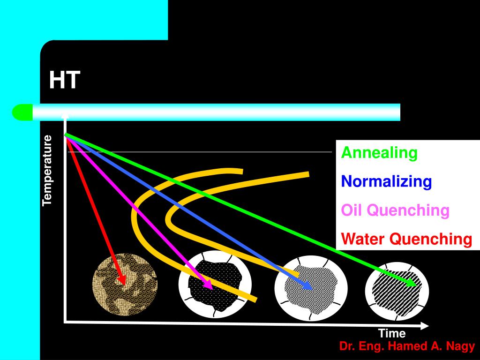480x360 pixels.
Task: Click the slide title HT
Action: click(x=65, y=80)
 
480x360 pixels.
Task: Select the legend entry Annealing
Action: click(x=379, y=152)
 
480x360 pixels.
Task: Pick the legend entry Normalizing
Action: click(x=386, y=181)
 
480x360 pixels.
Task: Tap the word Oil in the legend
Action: click(x=352, y=210)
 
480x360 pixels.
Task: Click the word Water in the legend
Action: click(x=363, y=239)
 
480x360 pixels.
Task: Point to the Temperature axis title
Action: click(x=47, y=170)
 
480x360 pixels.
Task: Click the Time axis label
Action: click(x=392, y=334)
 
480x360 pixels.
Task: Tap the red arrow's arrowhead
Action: click(x=123, y=279)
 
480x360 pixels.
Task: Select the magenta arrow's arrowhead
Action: click(x=208, y=285)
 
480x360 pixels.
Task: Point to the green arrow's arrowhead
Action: click(x=411, y=283)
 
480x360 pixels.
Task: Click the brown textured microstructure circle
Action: click(x=125, y=285)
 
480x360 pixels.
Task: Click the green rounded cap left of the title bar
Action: click(x=22, y=112)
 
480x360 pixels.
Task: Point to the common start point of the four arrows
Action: click(x=66, y=135)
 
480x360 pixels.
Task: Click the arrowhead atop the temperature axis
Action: click(x=66, y=115)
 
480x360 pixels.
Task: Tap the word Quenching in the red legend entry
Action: click(x=431, y=239)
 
